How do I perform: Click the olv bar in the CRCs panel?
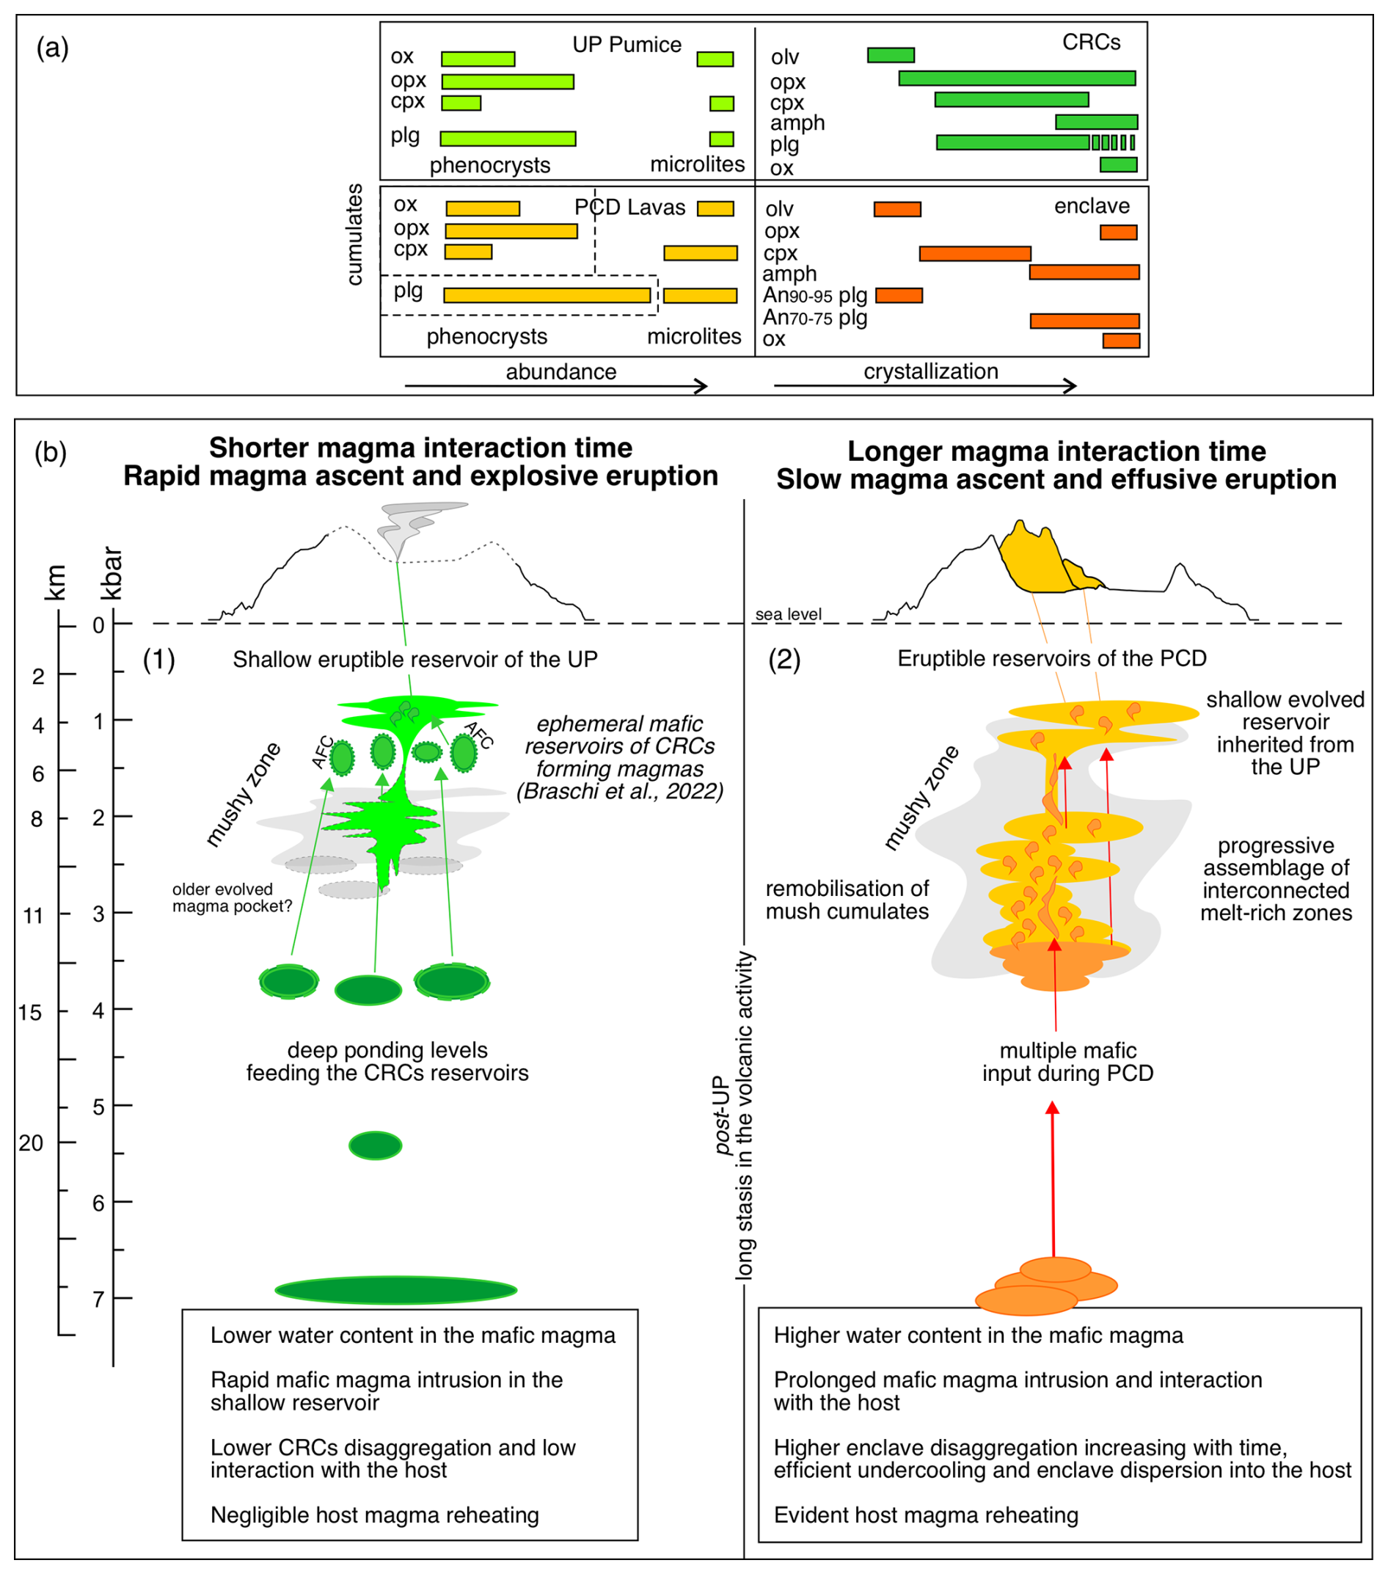click(x=890, y=55)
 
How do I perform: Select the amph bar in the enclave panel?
click(x=1084, y=272)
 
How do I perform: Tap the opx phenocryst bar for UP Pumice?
click(x=508, y=81)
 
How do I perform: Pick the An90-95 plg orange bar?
click(x=899, y=295)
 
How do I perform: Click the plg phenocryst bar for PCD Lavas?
click(x=547, y=295)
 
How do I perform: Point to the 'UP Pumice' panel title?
click(x=627, y=45)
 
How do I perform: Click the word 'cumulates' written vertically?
click(x=354, y=234)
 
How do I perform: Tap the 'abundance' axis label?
click(x=560, y=372)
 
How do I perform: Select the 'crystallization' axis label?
click(x=930, y=371)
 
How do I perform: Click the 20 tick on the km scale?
click(x=32, y=1143)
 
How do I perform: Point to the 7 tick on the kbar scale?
click(x=98, y=1300)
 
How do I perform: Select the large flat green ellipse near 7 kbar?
click(x=395, y=1290)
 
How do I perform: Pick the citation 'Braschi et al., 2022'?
click(x=620, y=792)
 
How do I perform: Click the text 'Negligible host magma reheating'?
click(x=374, y=1515)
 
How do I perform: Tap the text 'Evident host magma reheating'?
click(x=925, y=1515)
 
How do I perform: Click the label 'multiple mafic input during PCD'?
click(x=1067, y=1062)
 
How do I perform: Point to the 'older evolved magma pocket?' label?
click(x=232, y=898)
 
